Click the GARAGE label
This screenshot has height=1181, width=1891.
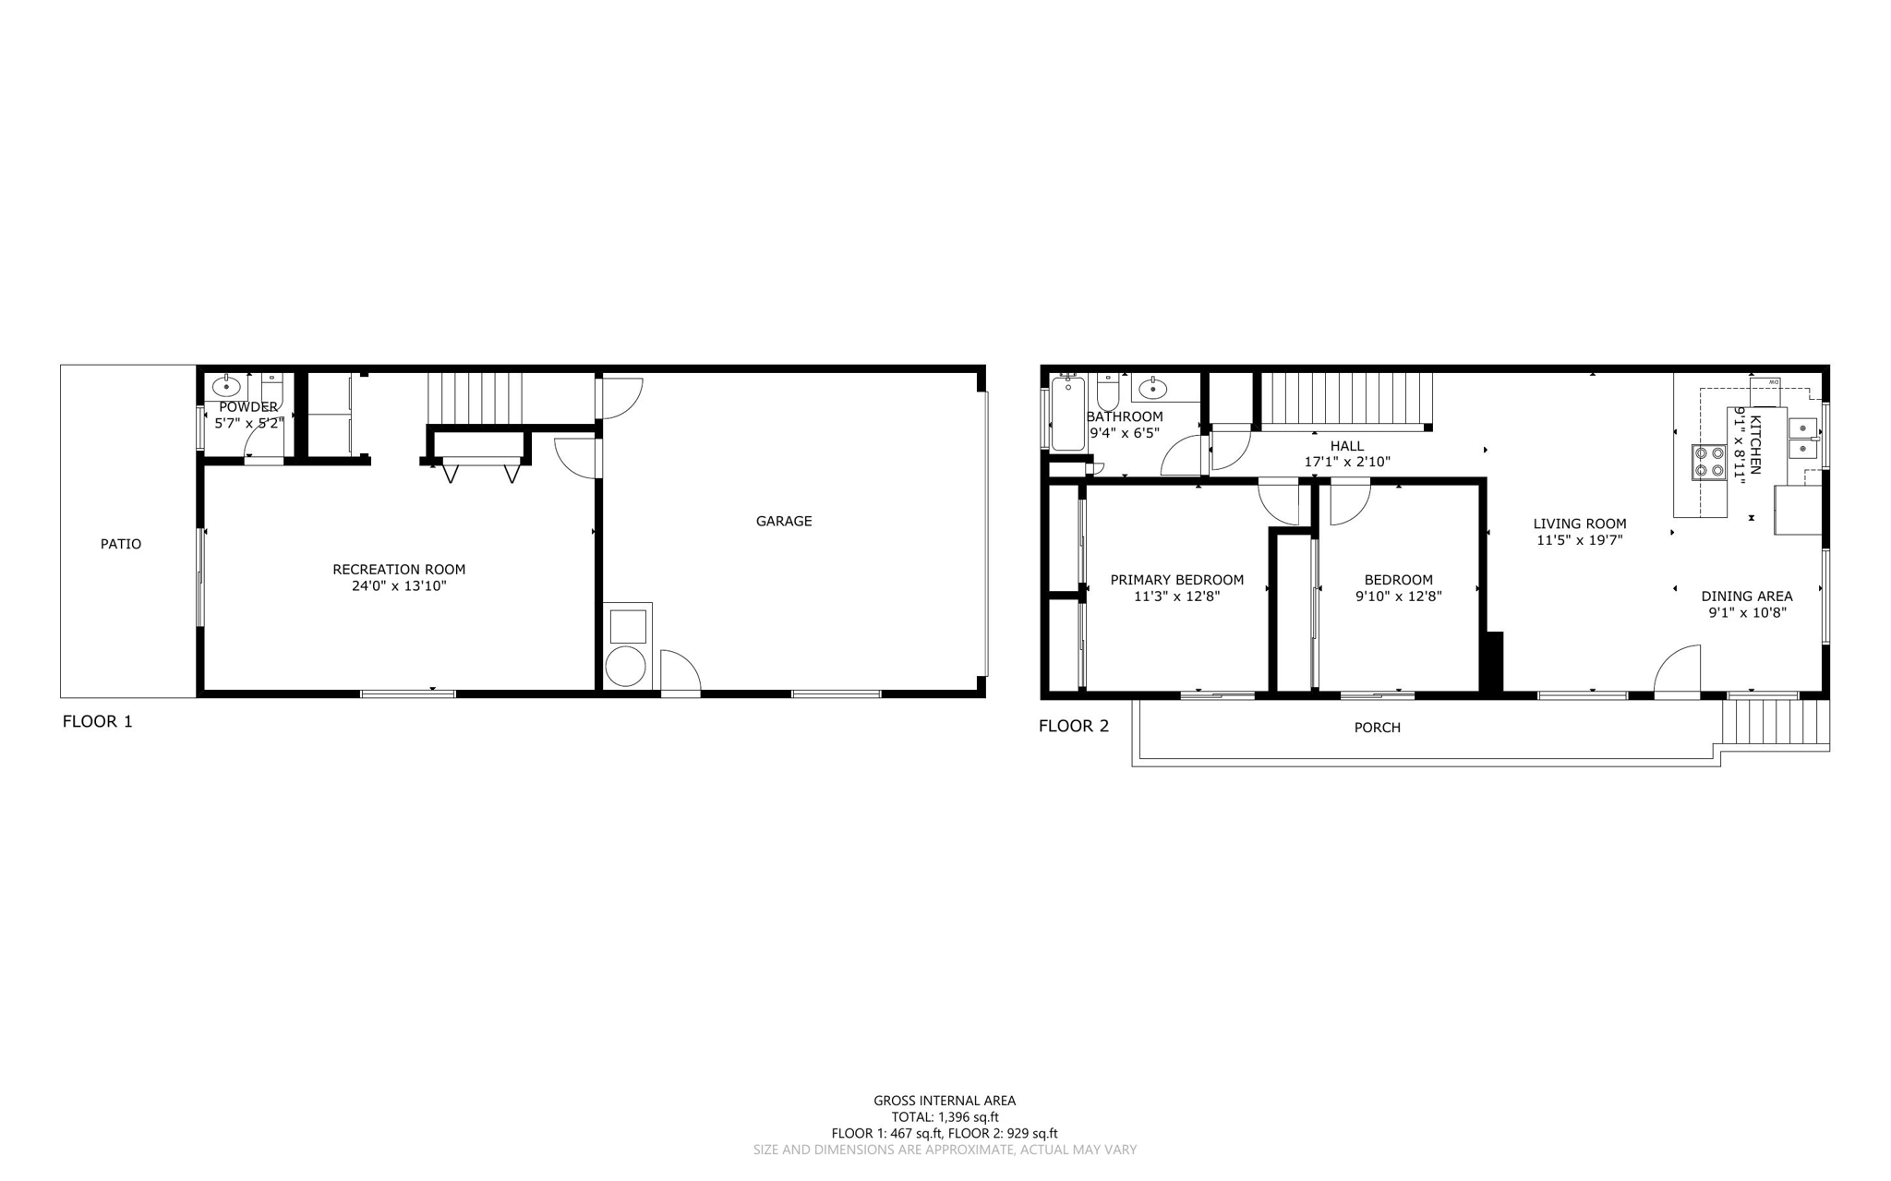tap(784, 521)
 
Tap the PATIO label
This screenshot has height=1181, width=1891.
tap(121, 544)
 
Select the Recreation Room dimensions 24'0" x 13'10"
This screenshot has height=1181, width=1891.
tap(399, 585)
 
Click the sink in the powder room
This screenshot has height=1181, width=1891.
tap(226, 386)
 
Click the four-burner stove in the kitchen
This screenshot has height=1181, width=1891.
tap(1709, 462)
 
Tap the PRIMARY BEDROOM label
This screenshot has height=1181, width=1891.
tap(1176, 580)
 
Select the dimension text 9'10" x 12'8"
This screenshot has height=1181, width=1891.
tap(1398, 597)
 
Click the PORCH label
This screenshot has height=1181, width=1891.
tap(1377, 728)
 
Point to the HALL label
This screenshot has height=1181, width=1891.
tap(1347, 446)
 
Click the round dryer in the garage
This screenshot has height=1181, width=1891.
tap(626, 667)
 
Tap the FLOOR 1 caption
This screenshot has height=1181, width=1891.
tap(97, 721)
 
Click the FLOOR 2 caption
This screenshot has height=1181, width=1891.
tap(1074, 726)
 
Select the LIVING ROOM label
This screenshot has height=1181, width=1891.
tap(1580, 524)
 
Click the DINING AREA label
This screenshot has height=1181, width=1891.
tap(1747, 597)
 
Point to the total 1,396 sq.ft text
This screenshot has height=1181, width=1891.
tap(945, 1116)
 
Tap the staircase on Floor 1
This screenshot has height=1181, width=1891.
tap(475, 398)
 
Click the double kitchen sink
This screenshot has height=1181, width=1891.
tap(1802, 439)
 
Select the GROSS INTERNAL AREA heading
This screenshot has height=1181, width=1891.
tap(945, 1100)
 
